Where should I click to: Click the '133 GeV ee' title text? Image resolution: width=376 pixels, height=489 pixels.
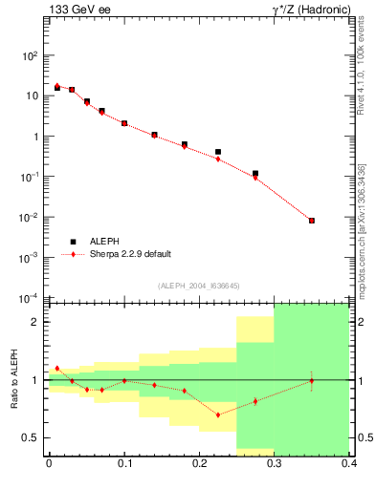(x=73, y=11)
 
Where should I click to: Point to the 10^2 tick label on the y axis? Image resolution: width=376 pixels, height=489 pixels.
(x=29, y=55)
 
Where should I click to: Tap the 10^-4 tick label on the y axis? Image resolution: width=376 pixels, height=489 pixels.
(x=28, y=298)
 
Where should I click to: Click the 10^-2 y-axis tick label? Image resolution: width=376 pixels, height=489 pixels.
(x=28, y=218)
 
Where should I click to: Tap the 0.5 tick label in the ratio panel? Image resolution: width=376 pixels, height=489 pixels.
(x=31, y=437)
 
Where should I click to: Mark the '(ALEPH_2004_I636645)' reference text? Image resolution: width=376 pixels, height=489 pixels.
(x=199, y=286)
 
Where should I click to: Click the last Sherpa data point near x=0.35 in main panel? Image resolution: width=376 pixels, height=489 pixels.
(x=312, y=221)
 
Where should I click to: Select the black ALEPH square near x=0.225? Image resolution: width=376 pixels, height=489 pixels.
(x=218, y=152)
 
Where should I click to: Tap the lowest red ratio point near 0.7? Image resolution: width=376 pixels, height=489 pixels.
(x=218, y=415)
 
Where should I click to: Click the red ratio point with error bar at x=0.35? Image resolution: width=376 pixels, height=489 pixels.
(x=312, y=381)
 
